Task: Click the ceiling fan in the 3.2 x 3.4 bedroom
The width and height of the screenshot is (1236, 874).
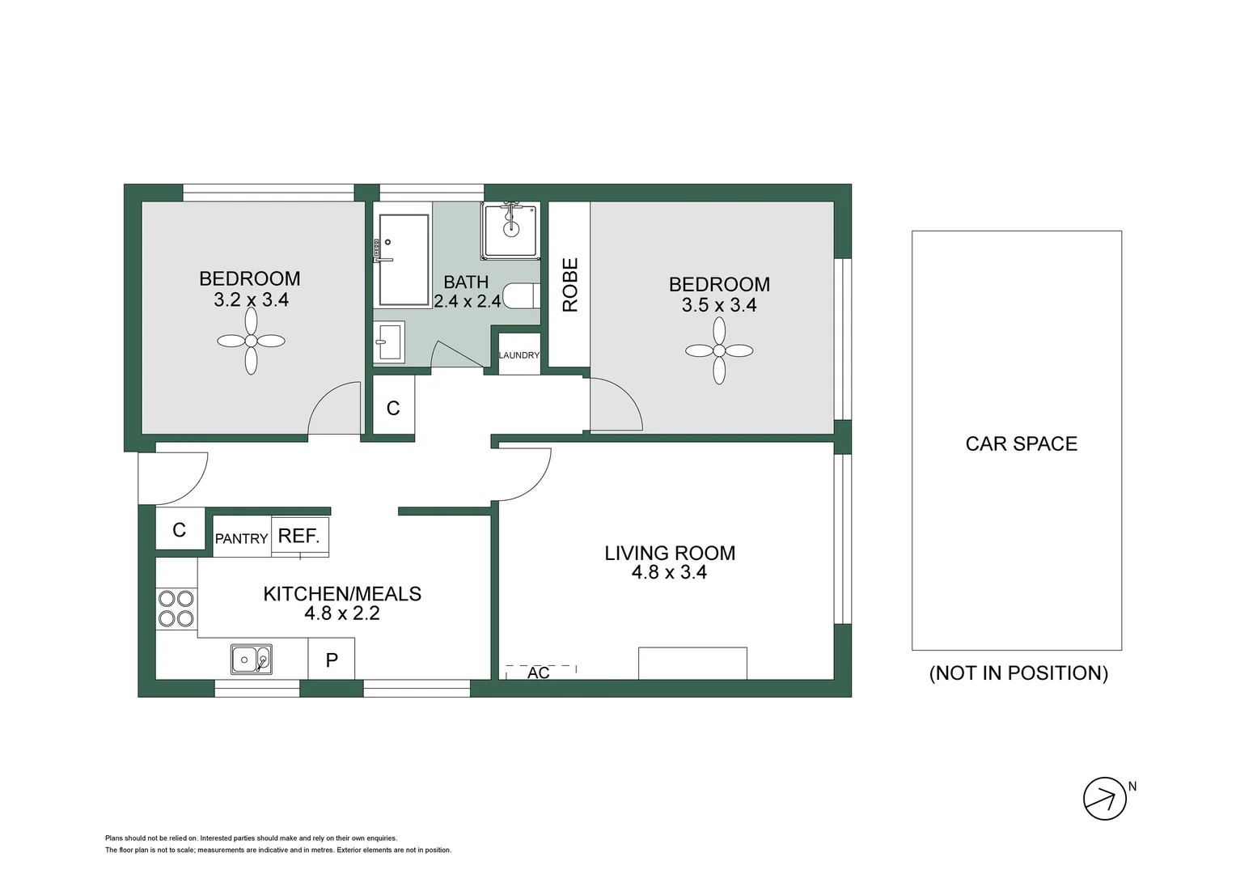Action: click(x=251, y=342)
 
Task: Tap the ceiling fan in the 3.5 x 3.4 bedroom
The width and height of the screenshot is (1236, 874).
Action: click(x=719, y=350)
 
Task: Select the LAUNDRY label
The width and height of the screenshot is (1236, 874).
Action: click(x=519, y=355)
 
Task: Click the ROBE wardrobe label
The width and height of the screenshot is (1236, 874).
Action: click(x=569, y=285)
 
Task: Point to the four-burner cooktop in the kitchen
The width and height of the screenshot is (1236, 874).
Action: click(x=176, y=609)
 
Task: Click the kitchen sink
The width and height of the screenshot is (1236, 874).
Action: click(x=251, y=660)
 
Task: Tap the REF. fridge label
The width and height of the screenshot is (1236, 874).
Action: click(x=299, y=536)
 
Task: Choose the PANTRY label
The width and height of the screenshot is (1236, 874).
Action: click(x=241, y=538)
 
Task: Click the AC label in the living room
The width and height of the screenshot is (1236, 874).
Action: click(x=539, y=672)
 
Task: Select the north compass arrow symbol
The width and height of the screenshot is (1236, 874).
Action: click(x=1105, y=799)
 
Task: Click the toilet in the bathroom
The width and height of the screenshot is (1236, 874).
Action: click(x=521, y=296)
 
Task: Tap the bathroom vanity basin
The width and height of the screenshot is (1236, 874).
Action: click(x=389, y=342)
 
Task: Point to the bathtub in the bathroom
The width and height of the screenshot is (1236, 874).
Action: click(x=404, y=260)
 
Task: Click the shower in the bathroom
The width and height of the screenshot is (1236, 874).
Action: click(x=510, y=231)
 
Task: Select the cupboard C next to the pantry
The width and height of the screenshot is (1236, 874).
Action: click(x=180, y=530)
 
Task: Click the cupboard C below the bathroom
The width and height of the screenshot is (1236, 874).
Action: click(x=393, y=408)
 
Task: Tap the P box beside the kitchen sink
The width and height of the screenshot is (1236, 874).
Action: click(x=332, y=660)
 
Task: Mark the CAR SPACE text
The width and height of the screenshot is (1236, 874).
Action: click(x=1021, y=443)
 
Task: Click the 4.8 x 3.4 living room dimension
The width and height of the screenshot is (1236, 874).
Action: click(x=669, y=572)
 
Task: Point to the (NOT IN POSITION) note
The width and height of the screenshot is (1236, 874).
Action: click(x=1018, y=672)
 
